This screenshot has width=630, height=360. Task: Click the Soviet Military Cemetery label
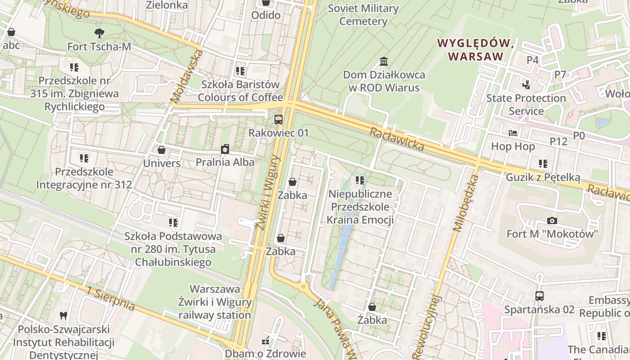coord(363,15)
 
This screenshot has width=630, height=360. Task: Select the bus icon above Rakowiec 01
coord(279,120)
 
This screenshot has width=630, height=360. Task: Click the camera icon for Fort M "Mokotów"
coord(552,220)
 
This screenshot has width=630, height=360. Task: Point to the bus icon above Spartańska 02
coord(539,296)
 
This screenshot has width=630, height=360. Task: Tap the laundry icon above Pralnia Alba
coord(225,149)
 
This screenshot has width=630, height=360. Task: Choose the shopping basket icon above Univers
coord(162,150)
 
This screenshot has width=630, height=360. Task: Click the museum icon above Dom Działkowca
coord(384,61)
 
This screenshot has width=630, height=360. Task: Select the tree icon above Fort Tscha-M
coord(99,33)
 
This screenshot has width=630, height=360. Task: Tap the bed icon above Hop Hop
coord(513,133)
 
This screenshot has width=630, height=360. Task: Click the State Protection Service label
coord(526,104)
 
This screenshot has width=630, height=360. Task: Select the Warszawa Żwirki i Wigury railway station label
coord(215,302)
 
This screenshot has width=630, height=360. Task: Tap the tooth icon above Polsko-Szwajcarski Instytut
coord(63,316)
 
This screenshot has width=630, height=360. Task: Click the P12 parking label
coord(558,141)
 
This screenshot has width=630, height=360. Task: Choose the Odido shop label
coord(265,15)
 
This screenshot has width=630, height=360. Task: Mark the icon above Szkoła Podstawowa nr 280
coord(173,223)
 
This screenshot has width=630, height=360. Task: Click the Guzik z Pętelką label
coord(543,177)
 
